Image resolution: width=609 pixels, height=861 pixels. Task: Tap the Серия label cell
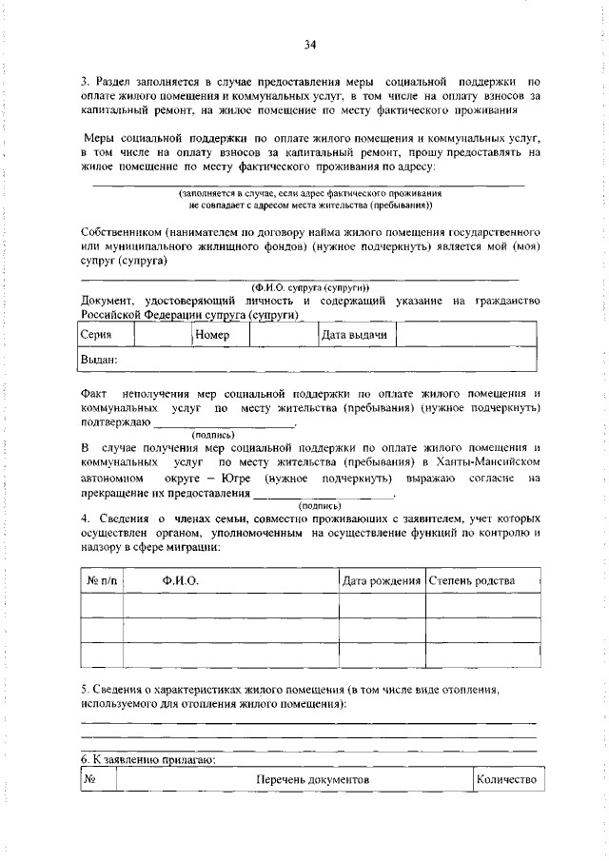[x=96, y=335]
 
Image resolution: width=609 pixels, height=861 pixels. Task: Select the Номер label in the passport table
[x=213, y=335]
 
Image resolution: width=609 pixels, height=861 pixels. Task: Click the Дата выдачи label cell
[x=354, y=335]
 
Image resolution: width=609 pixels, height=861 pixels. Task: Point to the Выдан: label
[x=98, y=360]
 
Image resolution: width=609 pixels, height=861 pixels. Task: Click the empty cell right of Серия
[x=162, y=335]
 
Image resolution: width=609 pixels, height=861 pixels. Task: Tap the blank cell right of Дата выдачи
[x=466, y=335]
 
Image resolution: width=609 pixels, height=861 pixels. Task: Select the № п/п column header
[x=102, y=580]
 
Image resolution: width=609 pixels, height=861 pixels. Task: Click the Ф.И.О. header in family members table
[x=180, y=580]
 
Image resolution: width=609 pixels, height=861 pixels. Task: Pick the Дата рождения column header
[x=382, y=580]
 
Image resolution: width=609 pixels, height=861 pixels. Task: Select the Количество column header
[x=507, y=780]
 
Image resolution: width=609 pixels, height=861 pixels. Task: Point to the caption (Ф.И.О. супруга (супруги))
[x=310, y=288]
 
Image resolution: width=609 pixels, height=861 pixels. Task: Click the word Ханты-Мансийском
[x=489, y=461]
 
